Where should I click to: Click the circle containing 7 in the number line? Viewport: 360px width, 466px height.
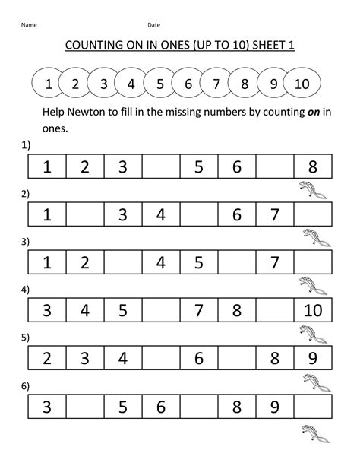click(x=216, y=84)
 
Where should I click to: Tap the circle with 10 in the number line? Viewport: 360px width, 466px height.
click(x=301, y=84)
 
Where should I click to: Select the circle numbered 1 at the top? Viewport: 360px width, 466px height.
click(x=49, y=84)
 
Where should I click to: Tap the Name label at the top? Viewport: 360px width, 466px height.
click(x=29, y=25)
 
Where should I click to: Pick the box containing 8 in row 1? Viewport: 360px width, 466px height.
click(x=312, y=167)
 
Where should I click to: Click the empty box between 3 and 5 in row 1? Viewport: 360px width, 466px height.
click(x=160, y=167)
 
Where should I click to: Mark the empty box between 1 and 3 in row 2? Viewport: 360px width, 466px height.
click(x=85, y=216)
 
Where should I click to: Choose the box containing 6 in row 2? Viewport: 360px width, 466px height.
click(x=236, y=216)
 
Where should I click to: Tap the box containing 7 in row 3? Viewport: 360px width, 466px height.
click(x=274, y=264)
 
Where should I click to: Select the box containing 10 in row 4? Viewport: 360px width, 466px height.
click(x=312, y=311)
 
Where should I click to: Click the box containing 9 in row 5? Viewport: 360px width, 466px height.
click(x=312, y=359)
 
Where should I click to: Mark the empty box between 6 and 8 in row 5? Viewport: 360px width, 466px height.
click(x=236, y=359)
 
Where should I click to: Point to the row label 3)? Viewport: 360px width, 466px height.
click(x=25, y=243)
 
